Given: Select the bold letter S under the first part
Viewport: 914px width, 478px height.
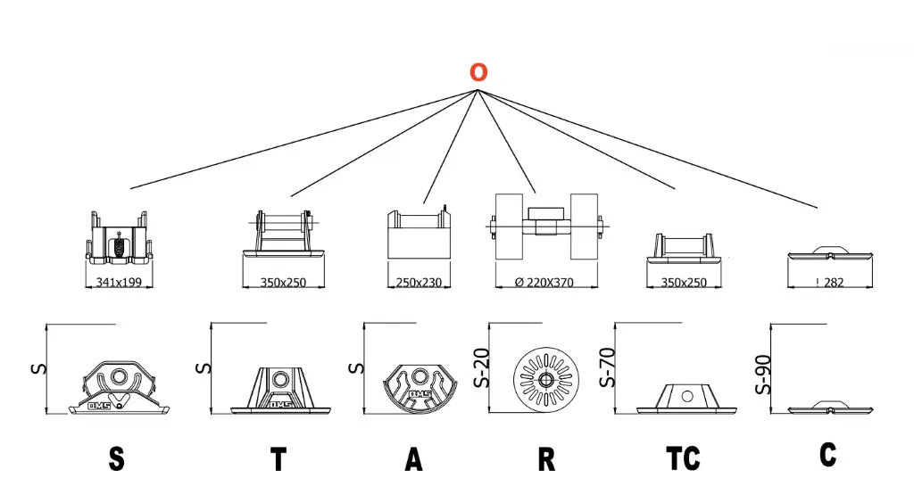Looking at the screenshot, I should coord(116,458).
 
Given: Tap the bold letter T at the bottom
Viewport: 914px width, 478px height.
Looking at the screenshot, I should coord(278,458).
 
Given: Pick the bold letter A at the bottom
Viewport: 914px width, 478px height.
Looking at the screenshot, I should coord(413,458).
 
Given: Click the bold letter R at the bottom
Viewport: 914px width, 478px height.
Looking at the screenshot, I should coord(546,458).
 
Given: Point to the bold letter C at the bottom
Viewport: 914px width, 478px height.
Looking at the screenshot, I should coord(827,454).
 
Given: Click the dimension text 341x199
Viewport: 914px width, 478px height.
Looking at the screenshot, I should coord(120,282).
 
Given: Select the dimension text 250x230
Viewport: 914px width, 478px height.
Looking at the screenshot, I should coord(419,282).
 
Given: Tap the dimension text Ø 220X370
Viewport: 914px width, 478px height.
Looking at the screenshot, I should coord(546,282).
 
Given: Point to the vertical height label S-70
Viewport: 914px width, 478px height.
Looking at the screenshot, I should coord(610,367).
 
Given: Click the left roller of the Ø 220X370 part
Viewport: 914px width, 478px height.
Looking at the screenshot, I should coord(508,227).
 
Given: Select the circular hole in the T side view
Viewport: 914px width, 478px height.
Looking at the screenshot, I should coord(280,380).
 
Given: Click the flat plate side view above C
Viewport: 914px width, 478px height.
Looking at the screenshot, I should coord(829,408).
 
